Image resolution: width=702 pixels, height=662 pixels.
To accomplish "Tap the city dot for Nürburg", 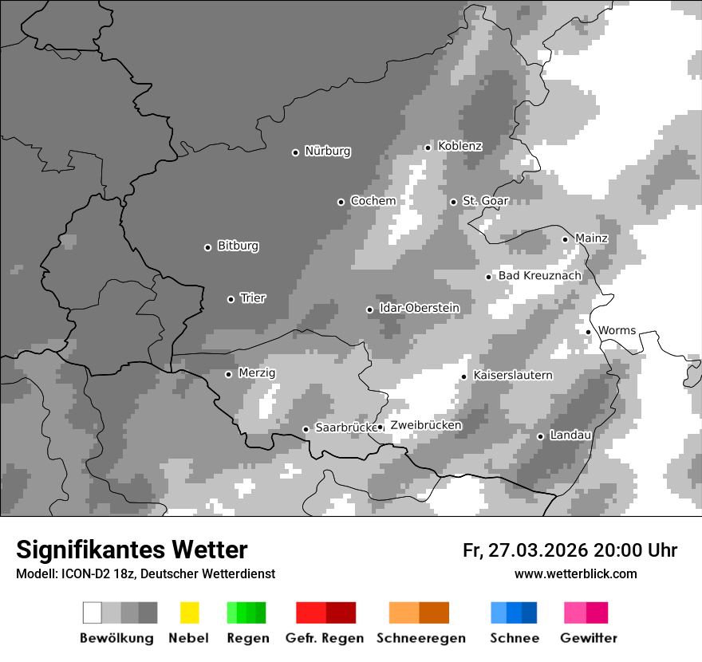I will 295,152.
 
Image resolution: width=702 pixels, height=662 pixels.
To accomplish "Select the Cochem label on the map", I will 373,201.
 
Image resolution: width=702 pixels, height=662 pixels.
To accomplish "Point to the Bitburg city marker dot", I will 207,247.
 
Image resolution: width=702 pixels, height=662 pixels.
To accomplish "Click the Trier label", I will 253,298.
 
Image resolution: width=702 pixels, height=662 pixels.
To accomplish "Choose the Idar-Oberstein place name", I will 419,308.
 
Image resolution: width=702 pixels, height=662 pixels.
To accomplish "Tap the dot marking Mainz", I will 565,239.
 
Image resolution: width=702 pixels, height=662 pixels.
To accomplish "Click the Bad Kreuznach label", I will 539,276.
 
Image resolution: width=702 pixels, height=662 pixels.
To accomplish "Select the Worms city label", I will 617,330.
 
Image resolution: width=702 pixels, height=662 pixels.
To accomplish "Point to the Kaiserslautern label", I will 512,375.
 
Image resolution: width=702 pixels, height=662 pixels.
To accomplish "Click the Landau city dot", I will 540,436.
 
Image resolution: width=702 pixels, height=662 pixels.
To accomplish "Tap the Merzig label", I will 257,372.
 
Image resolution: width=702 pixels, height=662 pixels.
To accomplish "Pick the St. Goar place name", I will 485,201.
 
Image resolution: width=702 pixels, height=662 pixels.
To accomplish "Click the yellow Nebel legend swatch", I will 189,613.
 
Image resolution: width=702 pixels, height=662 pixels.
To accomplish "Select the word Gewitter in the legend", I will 588,638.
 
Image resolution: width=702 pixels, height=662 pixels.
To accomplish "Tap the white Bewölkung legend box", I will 93,613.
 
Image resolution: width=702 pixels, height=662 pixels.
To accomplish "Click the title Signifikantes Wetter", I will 132,550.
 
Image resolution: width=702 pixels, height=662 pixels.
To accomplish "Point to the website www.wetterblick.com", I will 575,574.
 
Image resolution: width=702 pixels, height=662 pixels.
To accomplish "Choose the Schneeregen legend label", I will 420,638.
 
